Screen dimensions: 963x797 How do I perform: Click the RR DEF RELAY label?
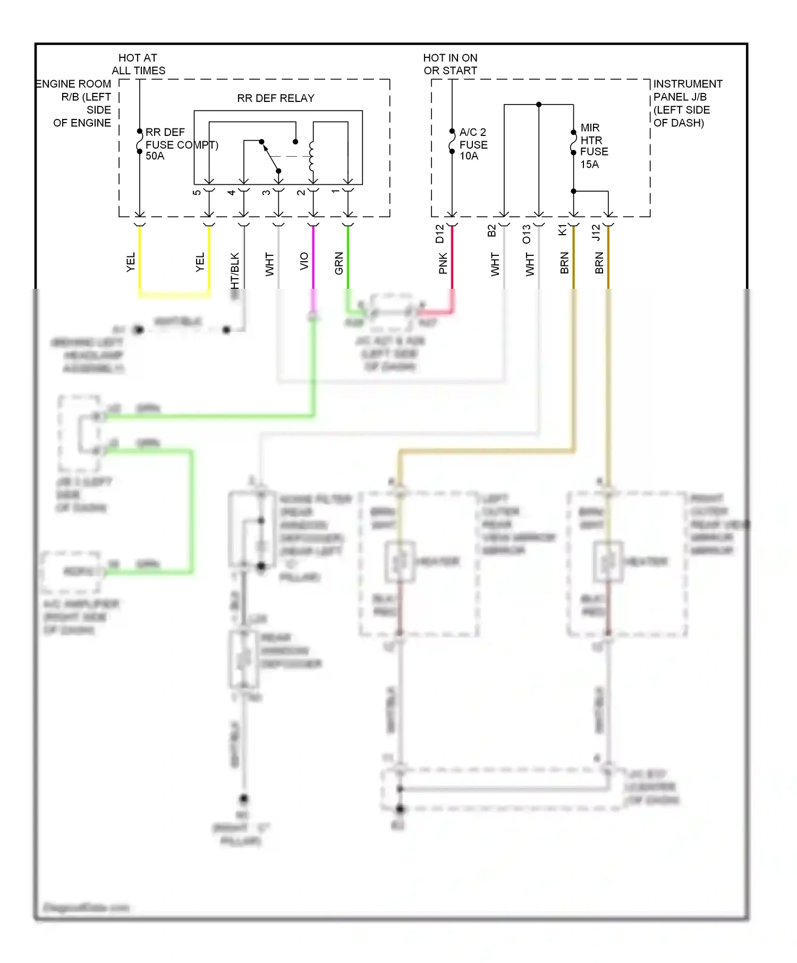275,98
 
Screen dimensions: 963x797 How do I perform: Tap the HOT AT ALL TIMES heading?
138,64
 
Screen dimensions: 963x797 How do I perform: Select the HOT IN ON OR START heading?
450,64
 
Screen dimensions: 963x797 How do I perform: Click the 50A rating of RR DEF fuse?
155,156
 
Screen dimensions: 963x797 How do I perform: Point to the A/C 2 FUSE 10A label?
473,144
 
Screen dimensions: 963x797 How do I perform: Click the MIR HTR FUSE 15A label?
593,146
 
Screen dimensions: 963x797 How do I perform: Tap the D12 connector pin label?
439,234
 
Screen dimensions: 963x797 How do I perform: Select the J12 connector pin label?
596,233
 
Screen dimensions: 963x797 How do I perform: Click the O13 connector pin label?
527,234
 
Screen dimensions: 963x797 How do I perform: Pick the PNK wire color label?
443,263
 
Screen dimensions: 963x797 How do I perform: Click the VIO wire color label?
304,261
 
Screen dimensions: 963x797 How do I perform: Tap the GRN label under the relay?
339,263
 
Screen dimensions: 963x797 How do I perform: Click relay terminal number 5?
197,192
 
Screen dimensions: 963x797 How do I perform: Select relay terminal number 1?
336,192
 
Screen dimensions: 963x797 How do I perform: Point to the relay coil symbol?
312,157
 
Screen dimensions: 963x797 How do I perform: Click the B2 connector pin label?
491,230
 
